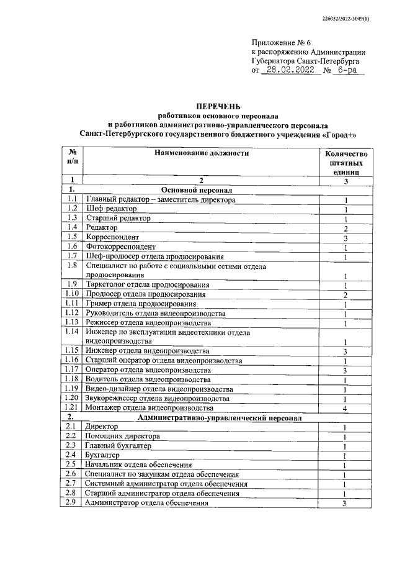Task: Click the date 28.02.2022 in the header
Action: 290,71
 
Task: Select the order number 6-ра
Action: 352,71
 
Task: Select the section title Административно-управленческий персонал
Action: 220,418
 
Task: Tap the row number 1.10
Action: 73,294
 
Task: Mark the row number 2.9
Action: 72,502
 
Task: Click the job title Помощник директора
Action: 122,437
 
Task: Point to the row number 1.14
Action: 73,332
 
